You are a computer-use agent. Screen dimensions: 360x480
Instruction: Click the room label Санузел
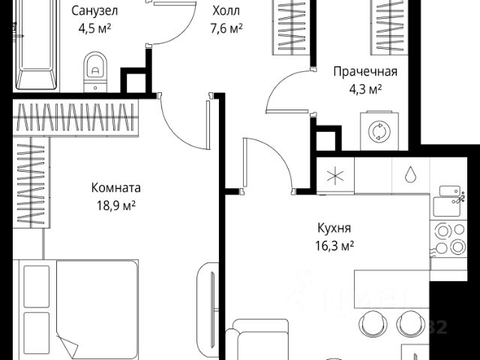coord(94,12)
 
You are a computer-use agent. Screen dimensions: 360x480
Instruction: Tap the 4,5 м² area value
coord(94,31)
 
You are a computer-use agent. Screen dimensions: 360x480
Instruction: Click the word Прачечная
coord(365,72)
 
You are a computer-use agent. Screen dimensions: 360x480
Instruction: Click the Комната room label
coord(115,187)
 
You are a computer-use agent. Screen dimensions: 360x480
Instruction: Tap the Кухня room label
coord(334,228)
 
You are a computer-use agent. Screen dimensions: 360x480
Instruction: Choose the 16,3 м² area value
coord(335,246)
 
